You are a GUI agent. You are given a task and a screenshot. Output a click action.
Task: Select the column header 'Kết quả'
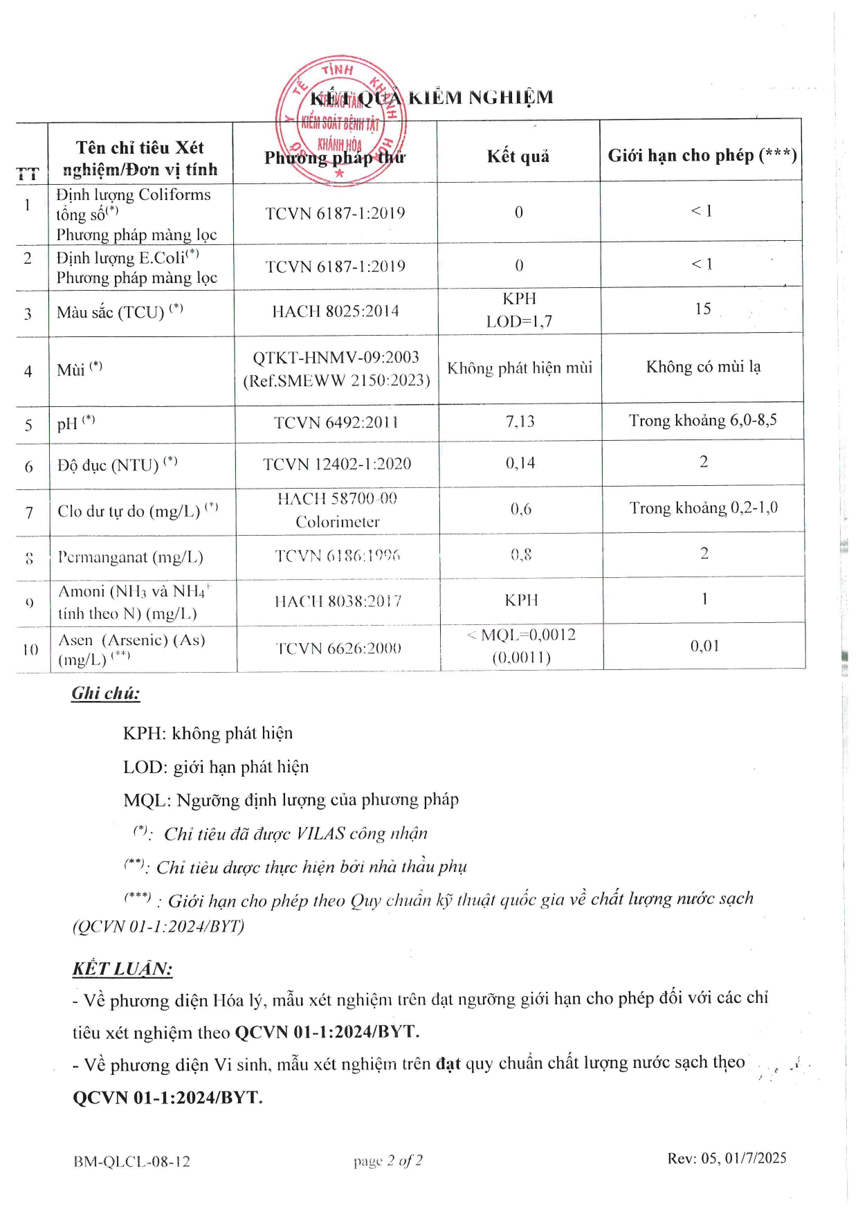(x=518, y=156)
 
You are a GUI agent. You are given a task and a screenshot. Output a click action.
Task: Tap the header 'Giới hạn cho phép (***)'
(x=702, y=155)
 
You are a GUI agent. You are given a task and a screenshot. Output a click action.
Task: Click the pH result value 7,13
(x=520, y=422)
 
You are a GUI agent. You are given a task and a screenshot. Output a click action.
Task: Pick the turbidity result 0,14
(x=520, y=463)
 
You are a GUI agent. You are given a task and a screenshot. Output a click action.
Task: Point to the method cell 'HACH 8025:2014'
(x=336, y=311)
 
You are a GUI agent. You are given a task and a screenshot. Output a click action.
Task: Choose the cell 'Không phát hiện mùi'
(x=520, y=368)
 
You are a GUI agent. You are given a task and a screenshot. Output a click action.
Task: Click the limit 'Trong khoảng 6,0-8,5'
(x=702, y=421)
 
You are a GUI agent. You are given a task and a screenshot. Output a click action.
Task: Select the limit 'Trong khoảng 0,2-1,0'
(x=703, y=508)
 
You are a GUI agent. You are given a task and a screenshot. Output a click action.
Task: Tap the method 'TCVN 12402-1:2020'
(x=337, y=464)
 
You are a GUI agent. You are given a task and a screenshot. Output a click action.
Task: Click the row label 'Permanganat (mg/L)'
(x=130, y=557)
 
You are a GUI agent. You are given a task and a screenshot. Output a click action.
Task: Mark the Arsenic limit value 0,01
(x=704, y=646)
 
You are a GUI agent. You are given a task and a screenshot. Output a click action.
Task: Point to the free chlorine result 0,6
(x=521, y=509)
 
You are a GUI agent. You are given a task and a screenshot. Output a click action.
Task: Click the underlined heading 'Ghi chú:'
(x=106, y=693)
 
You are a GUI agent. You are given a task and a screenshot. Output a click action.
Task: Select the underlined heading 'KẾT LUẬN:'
(x=122, y=968)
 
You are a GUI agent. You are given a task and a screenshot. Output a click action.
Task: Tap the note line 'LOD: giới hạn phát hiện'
(x=216, y=767)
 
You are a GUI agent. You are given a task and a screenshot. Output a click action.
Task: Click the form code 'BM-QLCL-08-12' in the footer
(x=131, y=1161)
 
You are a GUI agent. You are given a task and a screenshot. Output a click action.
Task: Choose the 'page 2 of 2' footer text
(x=387, y=1161)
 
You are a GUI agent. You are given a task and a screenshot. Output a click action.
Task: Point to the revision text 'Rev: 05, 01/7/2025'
(x=727, y=1159)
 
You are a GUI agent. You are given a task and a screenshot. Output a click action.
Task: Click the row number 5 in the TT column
(x=28, y=425)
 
